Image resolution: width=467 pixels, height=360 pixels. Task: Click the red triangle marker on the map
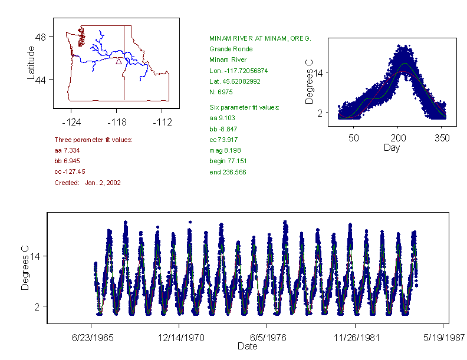tap(119, 61)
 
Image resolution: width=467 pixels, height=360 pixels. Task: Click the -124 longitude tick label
tap(71, 123)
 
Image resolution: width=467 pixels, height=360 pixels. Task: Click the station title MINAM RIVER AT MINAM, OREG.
tap(260, 38)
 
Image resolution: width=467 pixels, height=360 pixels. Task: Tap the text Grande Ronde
tap(231, 49)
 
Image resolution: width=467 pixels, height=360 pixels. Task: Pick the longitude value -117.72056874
tap(238, 71)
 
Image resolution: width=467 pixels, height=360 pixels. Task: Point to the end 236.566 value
tap(228, 172)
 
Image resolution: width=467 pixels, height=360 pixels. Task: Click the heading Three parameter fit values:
tap(93, 140)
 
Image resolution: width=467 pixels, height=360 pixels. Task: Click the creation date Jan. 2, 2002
tap(103, 183)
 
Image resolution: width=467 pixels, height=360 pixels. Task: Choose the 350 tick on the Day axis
tap(442, 138)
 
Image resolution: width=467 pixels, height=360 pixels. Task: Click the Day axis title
tap(392, 147)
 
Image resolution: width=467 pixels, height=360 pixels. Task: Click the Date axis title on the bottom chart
tap(247, 346)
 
